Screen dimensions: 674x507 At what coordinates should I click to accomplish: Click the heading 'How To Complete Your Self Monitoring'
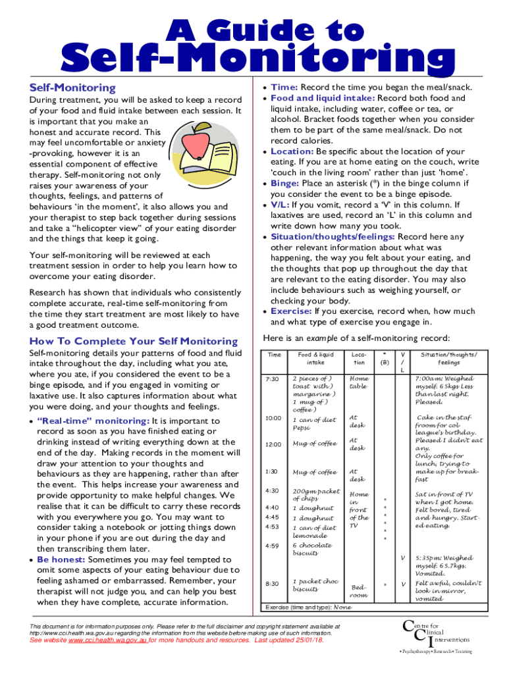click(x=134, y=341)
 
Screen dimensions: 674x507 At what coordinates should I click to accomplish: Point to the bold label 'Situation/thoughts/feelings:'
click(x=332, y=237)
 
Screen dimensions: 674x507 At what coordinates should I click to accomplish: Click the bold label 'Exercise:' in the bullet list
click(x=291, y=311)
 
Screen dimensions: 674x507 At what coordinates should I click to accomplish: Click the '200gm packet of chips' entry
click(x=316, y=494)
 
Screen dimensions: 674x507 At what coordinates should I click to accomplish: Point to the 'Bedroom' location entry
click(x=360, y=590)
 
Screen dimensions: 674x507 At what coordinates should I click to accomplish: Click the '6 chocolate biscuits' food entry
click(x=312, y=549)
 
